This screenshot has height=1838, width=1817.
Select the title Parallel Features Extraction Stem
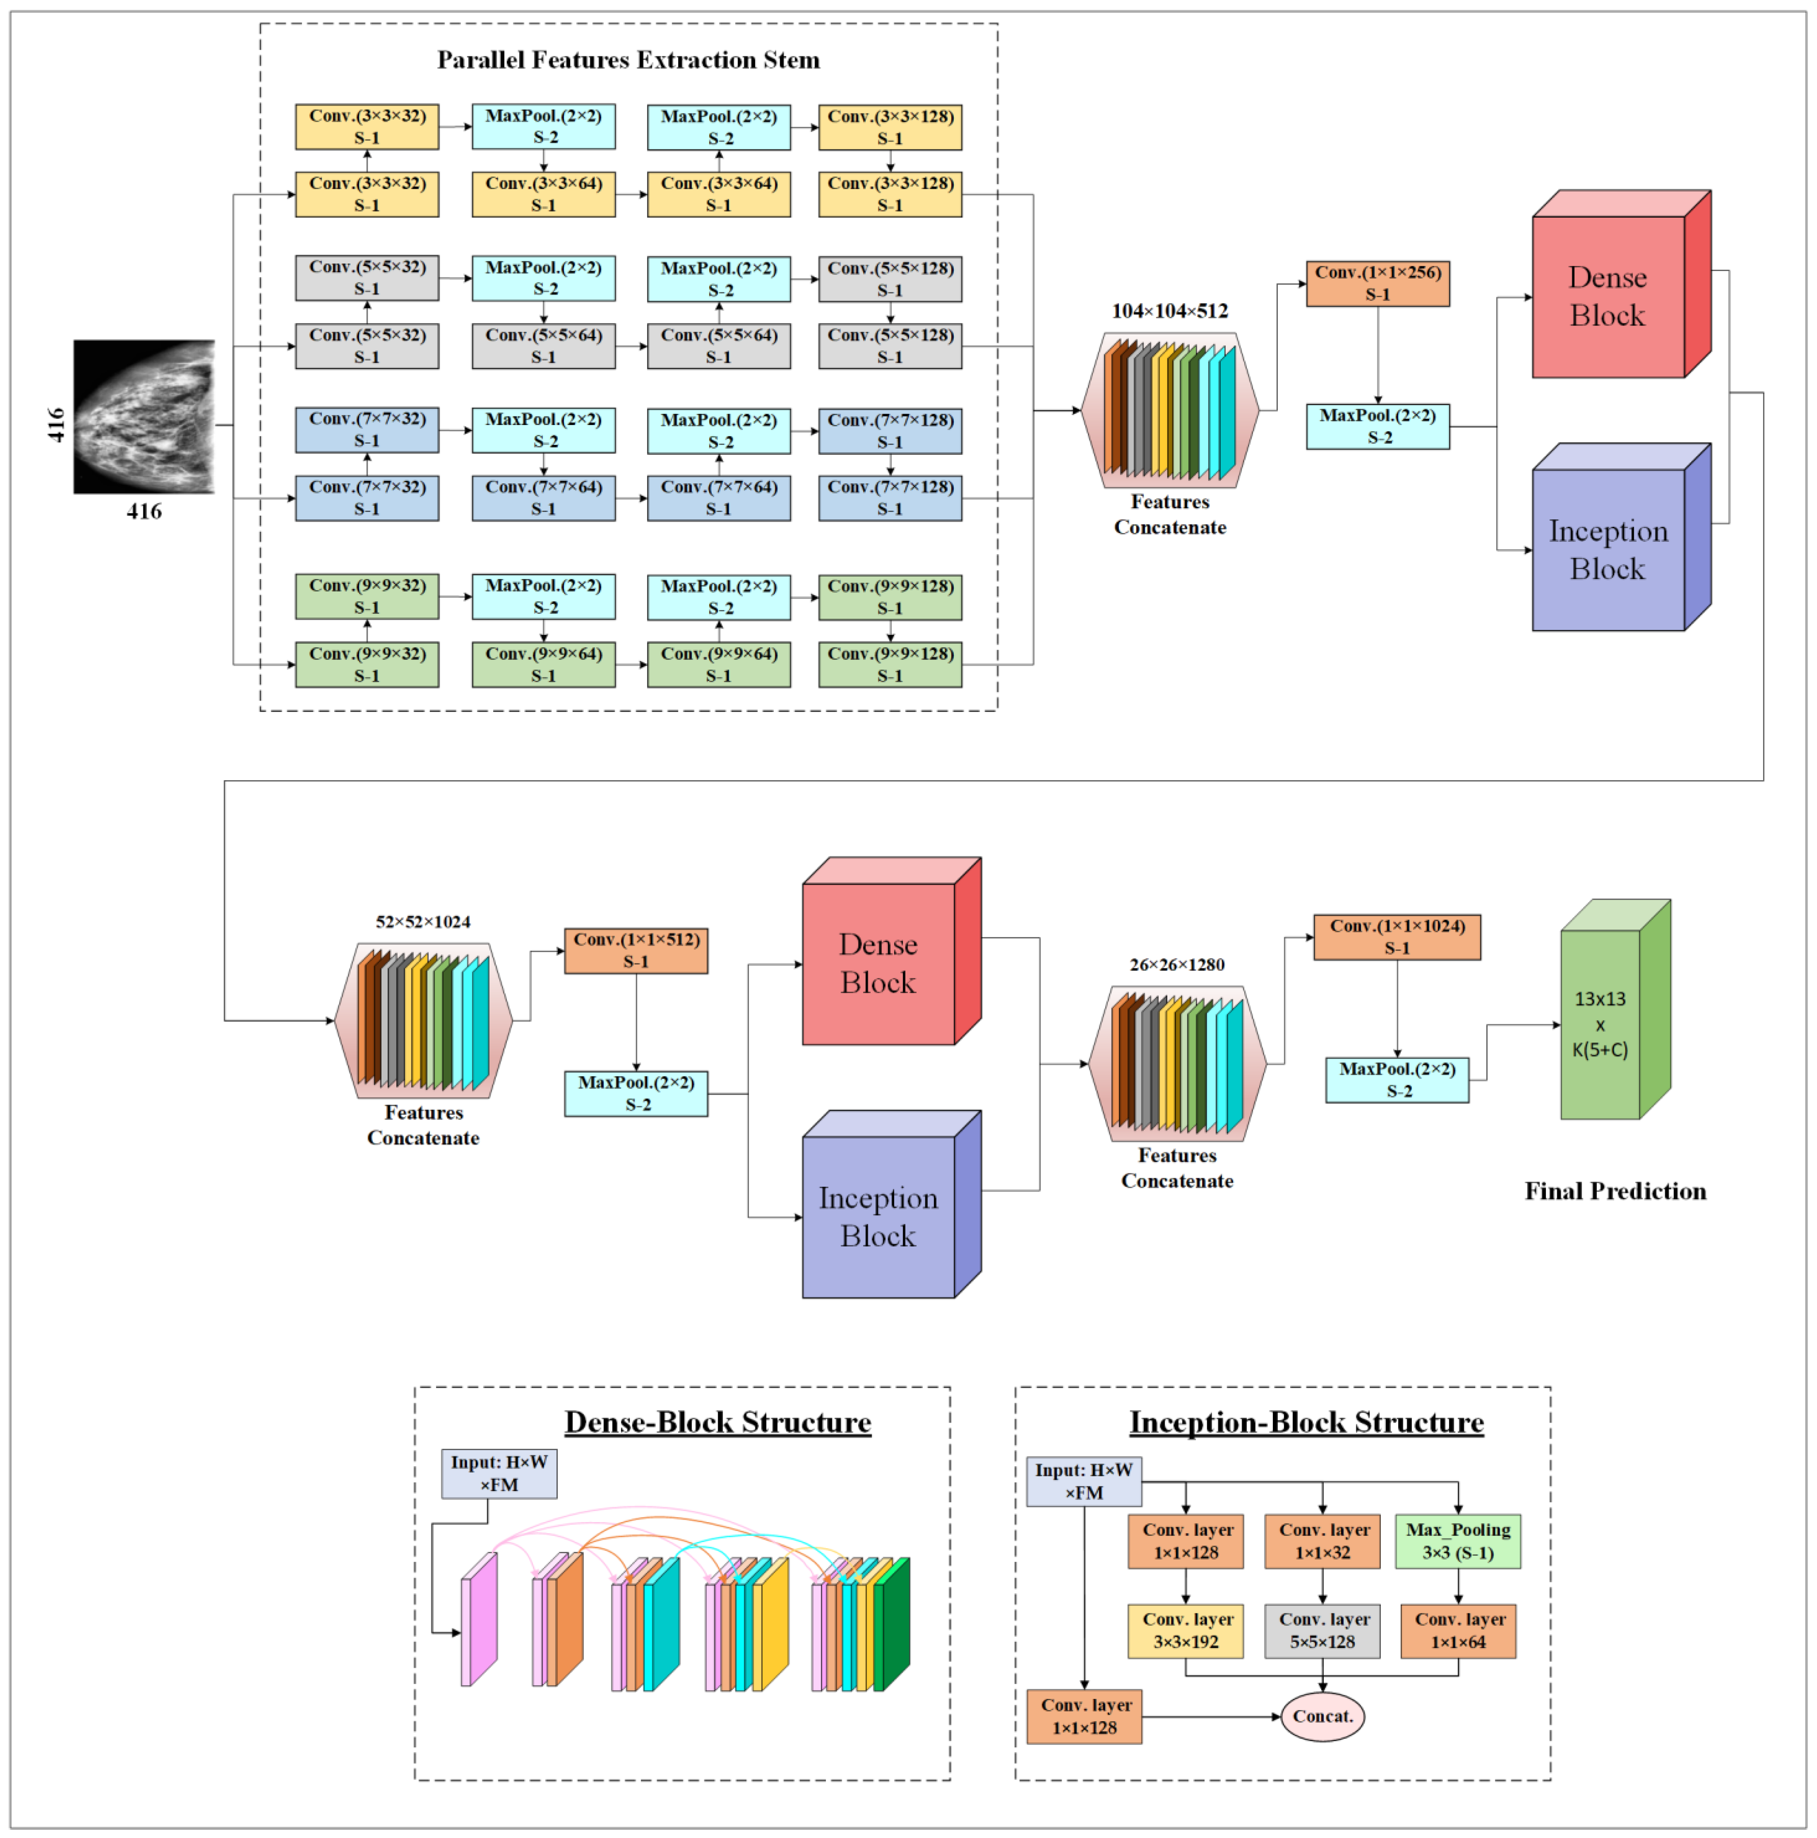628,60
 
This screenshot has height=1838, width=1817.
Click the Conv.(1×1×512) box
636,950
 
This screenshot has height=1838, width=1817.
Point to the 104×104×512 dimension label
1169,311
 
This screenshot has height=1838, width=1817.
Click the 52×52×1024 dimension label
422,922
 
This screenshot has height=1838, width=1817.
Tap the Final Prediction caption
1614,1191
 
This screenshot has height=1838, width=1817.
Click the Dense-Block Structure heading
717,1422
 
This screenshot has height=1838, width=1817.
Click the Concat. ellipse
1321,1716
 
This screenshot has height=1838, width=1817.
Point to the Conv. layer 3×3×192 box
1185,1631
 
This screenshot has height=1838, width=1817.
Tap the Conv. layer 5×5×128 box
1321,1631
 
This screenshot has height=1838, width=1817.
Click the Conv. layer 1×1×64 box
1457,1631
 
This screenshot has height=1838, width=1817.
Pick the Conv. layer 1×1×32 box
1321,1541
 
